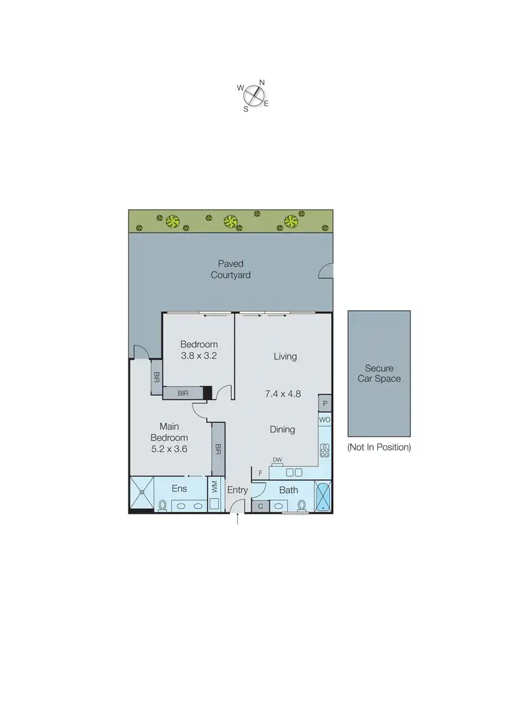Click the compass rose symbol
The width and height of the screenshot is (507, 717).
tap(253, 95)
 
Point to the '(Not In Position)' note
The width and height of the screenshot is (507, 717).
tap(379, 447)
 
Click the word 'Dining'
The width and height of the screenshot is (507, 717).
tap(282, 429)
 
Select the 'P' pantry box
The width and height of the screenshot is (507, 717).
tap(325, 403)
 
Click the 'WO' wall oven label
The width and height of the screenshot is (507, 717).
tap(324, 420)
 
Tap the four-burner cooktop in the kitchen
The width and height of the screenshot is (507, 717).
tap(324, 449)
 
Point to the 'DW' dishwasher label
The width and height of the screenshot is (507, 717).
tap(277, 460)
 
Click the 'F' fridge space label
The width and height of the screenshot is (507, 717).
tap(260, 473)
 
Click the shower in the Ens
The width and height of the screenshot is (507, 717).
tap(141, 495)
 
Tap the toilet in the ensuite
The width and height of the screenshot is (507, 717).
tap(162, 505)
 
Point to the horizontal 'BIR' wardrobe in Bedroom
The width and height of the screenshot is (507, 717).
tap(183, 392)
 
